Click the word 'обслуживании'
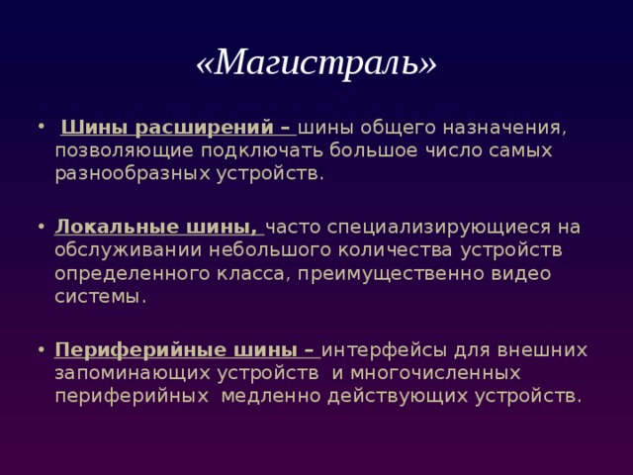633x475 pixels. click(120, 249)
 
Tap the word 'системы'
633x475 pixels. click(100, 295)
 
